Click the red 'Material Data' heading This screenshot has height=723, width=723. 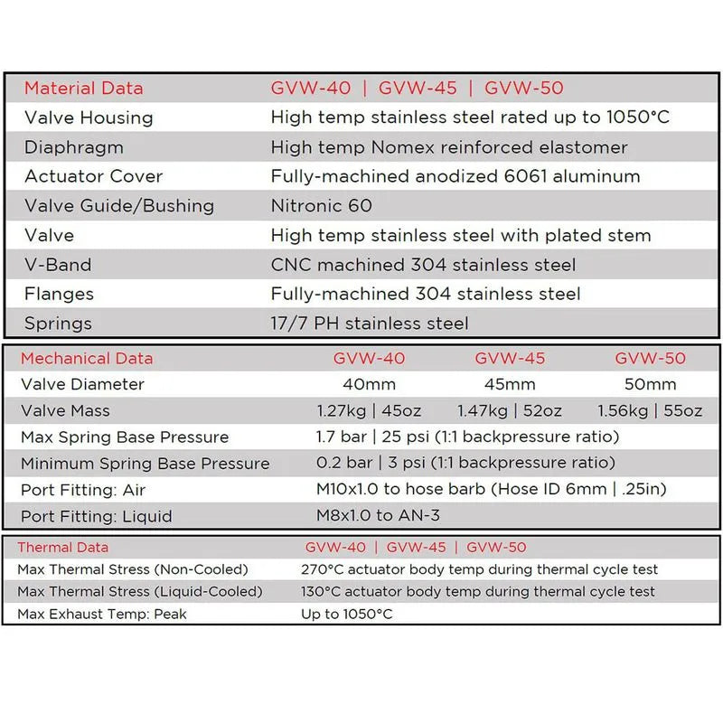click(83, 89)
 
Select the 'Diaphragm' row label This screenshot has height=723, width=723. click(74, 147)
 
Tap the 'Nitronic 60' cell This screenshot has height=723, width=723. click(321, 206)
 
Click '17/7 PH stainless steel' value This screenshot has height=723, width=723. click(370, 323)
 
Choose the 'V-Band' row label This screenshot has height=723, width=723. click(58, 265)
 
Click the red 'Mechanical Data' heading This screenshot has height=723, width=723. click(87, 359)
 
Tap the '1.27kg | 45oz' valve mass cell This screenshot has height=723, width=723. click(369, 411)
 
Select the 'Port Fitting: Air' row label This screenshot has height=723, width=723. click(83, 491)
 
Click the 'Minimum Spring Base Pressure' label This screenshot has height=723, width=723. click(146, 465)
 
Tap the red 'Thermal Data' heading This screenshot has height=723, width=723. click(63, 548)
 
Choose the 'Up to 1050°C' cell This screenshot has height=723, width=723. click(347, 615)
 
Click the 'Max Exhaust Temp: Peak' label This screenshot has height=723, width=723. click(101, 615)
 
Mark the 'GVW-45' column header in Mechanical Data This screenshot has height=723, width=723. click(510, 359)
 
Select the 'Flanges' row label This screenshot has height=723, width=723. click(59, 294)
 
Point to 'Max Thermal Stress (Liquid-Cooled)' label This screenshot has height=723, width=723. click(140, 592)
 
